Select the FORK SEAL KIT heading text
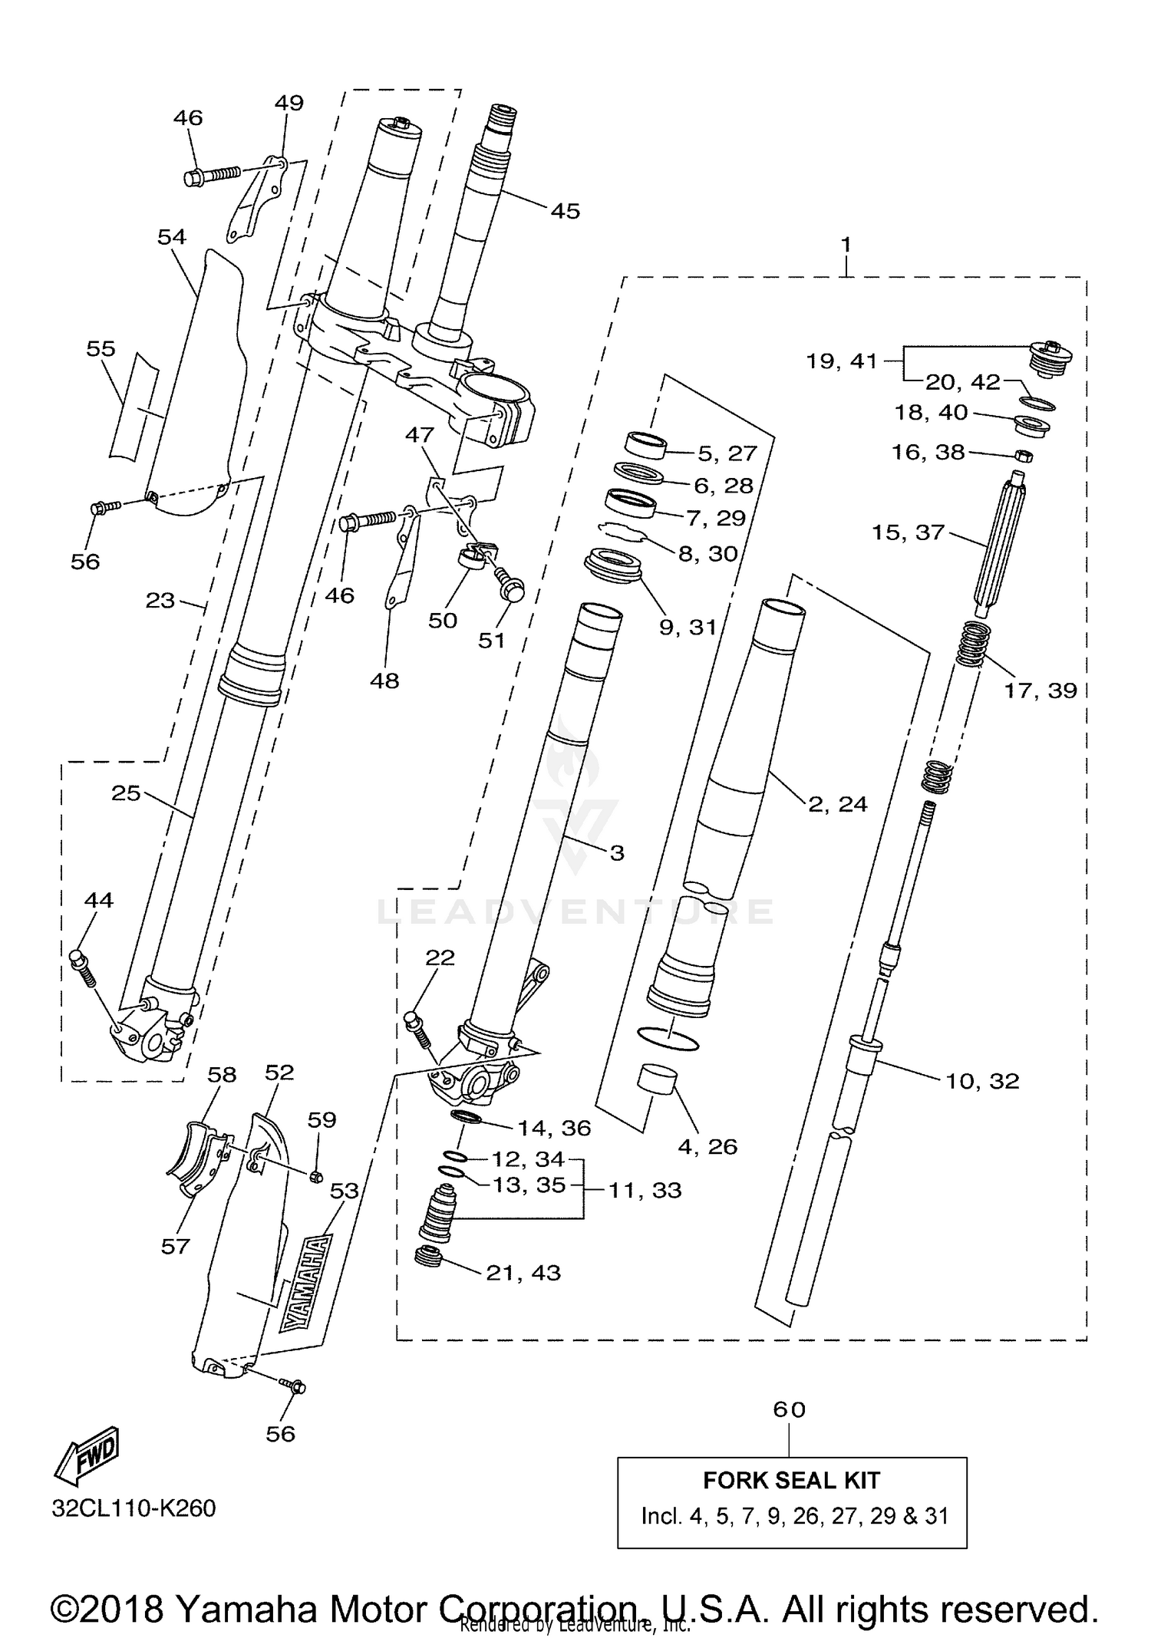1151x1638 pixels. tap(791, 1480)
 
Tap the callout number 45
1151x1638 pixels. tap(566, 211)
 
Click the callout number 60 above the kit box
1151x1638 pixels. tap(790, 1409)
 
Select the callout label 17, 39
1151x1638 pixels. tap(1041, 690)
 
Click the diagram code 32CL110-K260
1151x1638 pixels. tap(134, 1508)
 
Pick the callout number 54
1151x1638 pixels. tap(172, 236)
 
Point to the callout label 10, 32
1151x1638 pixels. tap(982, 1081)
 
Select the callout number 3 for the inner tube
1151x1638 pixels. tap(617, 852)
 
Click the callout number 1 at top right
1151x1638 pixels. tap(846, 245)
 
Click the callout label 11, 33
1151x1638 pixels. tap(645, 1190)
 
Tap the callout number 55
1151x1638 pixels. tap(101, 349)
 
